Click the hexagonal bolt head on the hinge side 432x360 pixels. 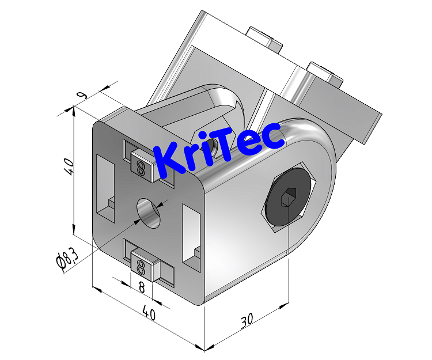290,197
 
